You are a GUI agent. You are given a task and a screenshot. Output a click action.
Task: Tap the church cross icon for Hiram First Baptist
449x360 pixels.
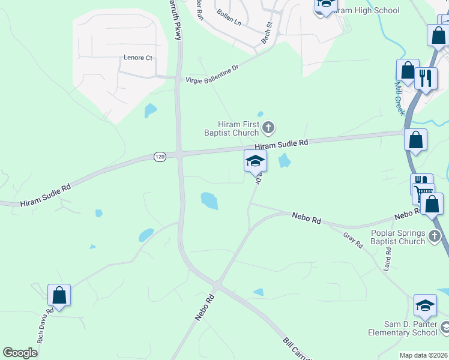click(268, 127)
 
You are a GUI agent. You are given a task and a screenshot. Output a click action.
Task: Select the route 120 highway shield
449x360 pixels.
click(159, 157)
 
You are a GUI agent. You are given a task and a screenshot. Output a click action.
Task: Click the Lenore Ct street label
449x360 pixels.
click(138, 58)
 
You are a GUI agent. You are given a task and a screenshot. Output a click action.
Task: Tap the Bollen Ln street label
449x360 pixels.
click(229, 22)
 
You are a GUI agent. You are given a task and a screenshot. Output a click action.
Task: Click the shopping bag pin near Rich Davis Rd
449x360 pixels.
click(59, 296)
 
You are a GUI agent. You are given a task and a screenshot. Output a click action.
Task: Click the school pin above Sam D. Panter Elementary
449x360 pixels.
click(425, 307)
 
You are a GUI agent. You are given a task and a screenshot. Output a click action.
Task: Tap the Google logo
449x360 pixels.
click(20, 353)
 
